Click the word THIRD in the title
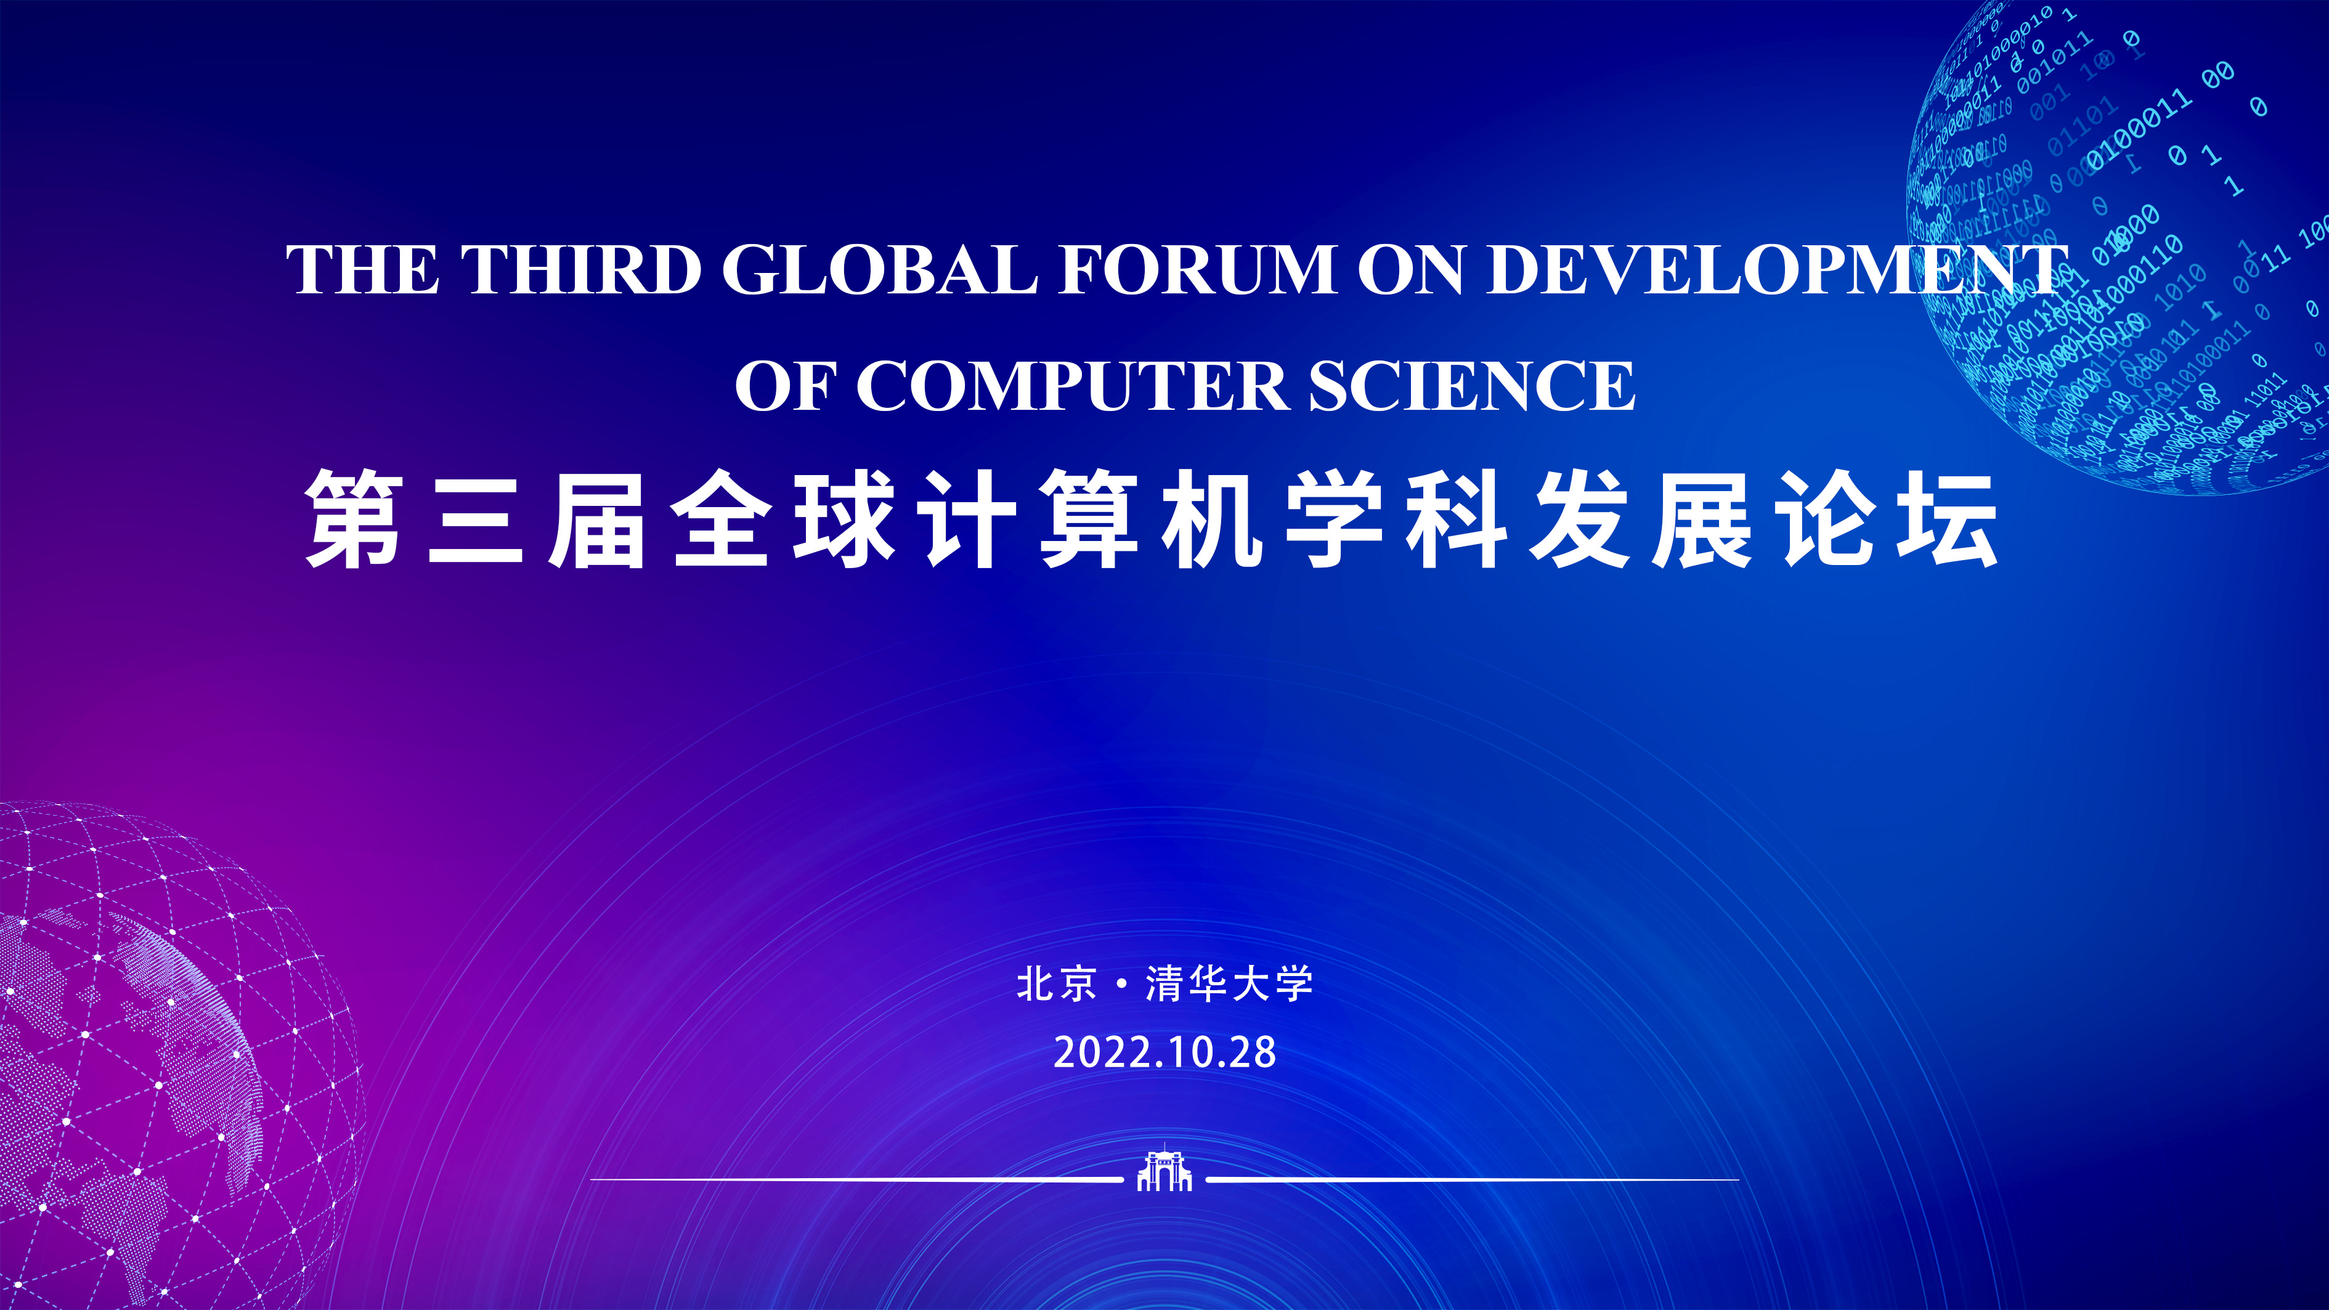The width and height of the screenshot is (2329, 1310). click(582, 269)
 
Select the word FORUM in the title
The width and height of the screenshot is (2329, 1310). click(1197, 269)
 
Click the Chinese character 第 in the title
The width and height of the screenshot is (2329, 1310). click(354, 519)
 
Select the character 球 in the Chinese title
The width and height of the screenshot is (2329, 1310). click(845, 519)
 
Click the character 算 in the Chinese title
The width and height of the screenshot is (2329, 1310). click(1089, 519)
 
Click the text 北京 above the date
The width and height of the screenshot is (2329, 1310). click(1057, 983)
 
